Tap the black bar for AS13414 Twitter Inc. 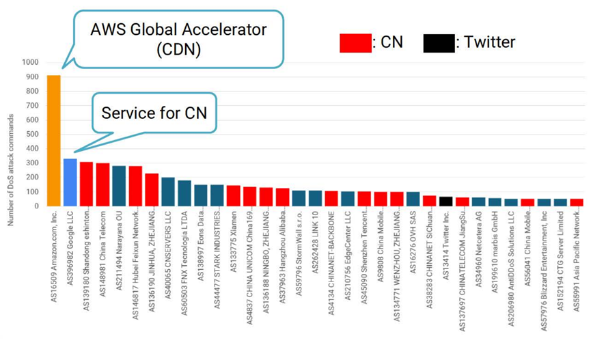pos(445,201)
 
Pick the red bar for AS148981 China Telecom pos(102,184)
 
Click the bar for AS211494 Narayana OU pos(119,186)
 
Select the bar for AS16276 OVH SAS pos(413,199)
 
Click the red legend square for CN pos(355,43)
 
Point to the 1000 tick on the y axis pos(31,62)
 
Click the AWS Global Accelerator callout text pos(178,40)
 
